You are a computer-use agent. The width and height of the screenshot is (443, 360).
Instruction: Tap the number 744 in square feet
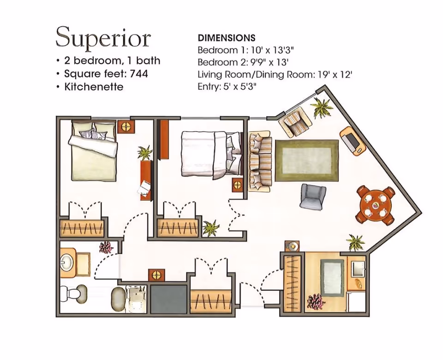138,74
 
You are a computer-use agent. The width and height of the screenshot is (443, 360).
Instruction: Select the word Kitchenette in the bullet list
94,87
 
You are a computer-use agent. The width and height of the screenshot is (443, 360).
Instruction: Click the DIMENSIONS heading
227,38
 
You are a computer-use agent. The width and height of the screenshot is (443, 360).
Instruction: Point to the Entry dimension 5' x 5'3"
240,86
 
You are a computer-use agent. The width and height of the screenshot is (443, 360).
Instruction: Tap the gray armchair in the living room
312,197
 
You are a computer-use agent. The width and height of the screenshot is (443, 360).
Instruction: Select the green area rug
307,161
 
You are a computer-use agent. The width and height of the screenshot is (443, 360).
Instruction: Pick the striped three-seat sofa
260,161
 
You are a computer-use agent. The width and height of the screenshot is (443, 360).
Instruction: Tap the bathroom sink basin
66,262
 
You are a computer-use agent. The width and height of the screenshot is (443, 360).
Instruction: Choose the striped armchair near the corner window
295,122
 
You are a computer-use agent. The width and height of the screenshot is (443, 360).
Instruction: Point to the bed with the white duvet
211,155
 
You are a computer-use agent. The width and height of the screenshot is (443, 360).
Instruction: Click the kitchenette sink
357,269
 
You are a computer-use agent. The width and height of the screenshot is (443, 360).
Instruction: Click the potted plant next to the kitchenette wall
355,242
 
